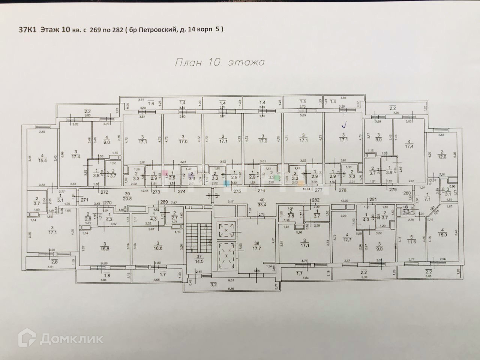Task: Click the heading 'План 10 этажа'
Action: tap(219, 62)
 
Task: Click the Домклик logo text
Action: tap(71, 339)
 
